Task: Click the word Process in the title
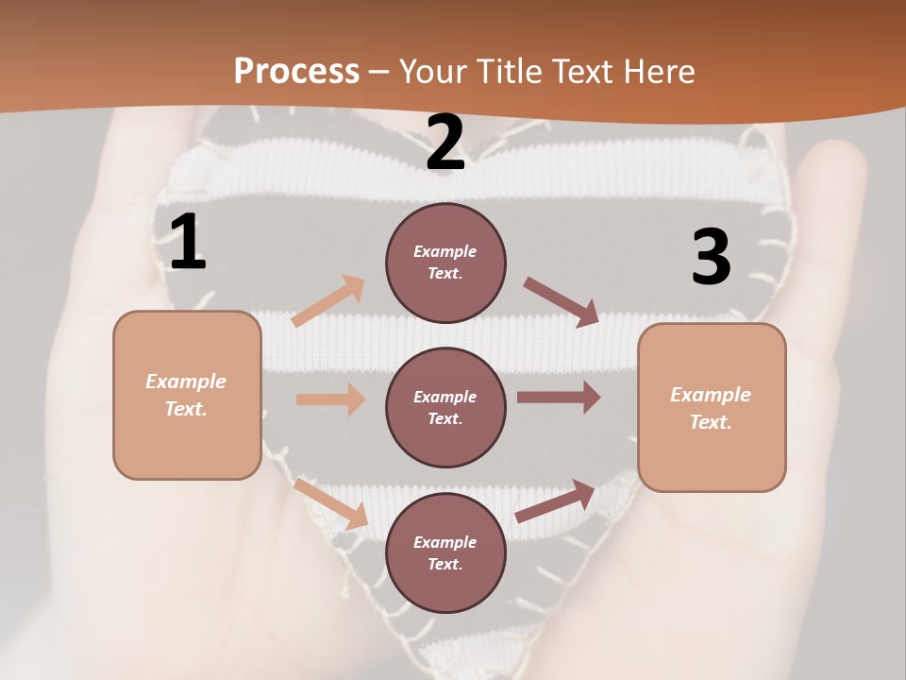[296, 72]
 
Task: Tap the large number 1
[188, 242]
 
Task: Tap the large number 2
[445, 143]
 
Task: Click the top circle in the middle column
[445, 263]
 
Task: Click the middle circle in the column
[445, 407]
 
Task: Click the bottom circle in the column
[445, 552]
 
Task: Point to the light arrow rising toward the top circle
[328, 300]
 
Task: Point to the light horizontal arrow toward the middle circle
[330, 399]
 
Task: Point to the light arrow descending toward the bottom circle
[330, 504]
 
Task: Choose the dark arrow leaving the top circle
[562, 302]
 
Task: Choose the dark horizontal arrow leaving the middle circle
[558, 397]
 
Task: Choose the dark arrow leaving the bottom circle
[555, 501]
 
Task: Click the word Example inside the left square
[186, 382]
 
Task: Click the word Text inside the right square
[710, 422]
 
